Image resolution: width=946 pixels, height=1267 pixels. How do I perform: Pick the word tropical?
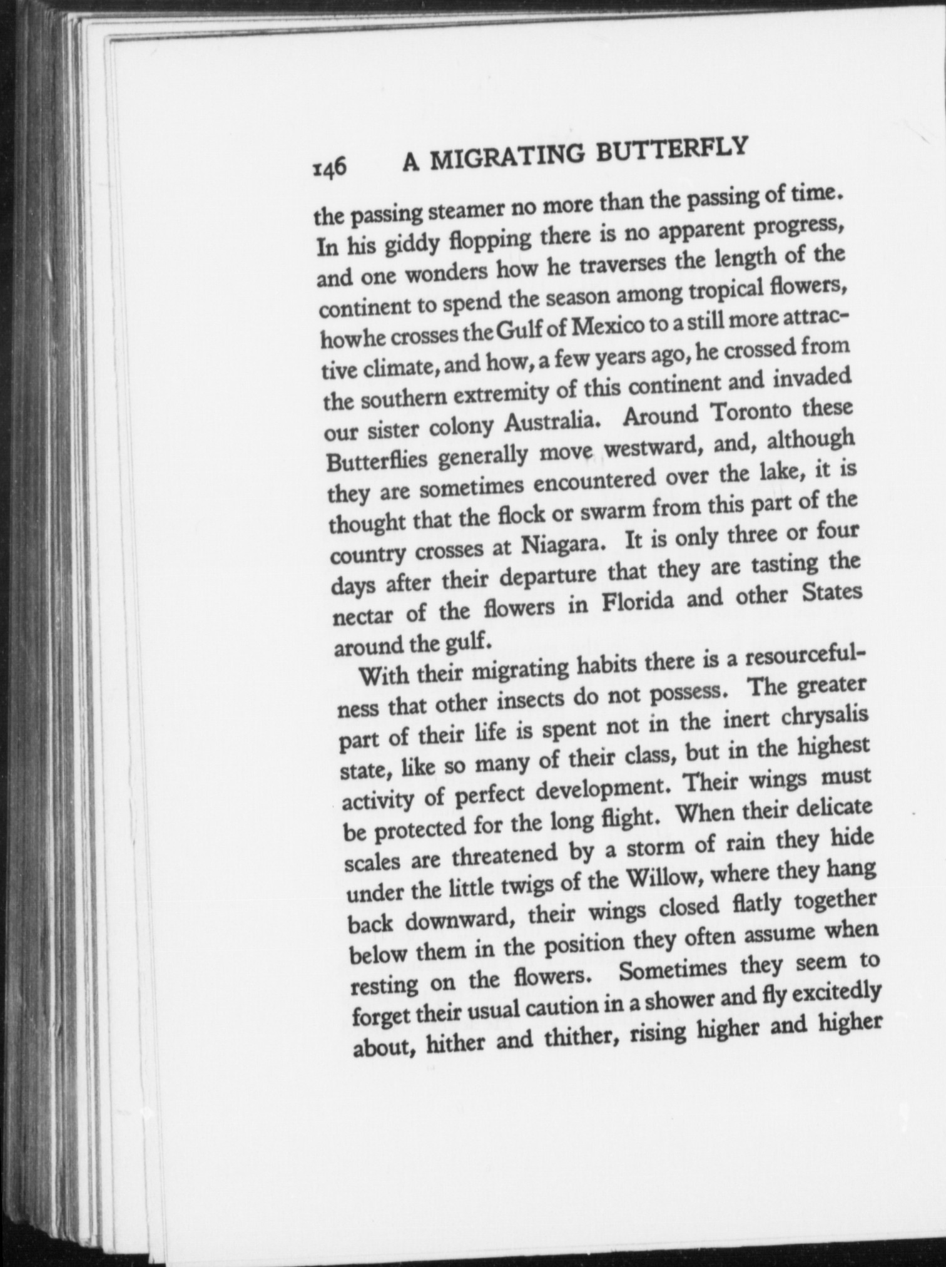click(729, 290)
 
